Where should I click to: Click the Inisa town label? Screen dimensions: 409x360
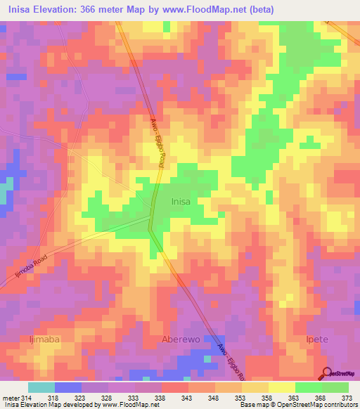pyautogui.click(x=181, y=202)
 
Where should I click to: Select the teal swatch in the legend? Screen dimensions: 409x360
pyautogui.click(x=41, y=387)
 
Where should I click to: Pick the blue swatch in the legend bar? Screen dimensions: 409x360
pyautogui.click(x=68, y=387)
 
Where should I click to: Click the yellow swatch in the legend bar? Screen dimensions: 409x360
pyautogui.click(x=281, y=387)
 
